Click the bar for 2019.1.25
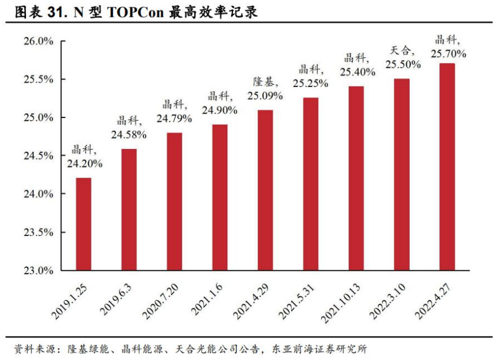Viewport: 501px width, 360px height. pyautogui.click(x=83, y=224)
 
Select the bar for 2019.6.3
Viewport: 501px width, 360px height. pyautogui.click(x=129, y=209)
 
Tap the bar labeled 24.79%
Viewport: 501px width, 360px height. pyautogui.click(x=175, y=201)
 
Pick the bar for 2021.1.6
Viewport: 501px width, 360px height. pyautogui.click(x=219, y=197)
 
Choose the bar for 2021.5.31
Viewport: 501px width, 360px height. pyautogui.click(x=310, y=184)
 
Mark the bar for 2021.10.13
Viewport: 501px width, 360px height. pyautogui.click(x=356, y=178)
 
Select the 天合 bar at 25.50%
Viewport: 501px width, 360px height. pyautogui.click(x=402, y=174)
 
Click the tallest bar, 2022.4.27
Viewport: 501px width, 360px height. pyautogui.click(x=447, y=167)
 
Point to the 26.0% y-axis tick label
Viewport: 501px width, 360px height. pyautogui.click(x=38, y=41)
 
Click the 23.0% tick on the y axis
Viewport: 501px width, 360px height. pyautogui.click(x=38, y=270)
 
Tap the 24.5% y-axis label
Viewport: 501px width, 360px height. pyautogui.click(x=38, y=156)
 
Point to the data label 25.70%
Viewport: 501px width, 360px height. pyautogui.click(x=449, y=54)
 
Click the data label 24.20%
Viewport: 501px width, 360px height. pyautogui.click(x=85, y=164)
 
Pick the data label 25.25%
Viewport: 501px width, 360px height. pyautogui.click(x=310, y=82)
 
